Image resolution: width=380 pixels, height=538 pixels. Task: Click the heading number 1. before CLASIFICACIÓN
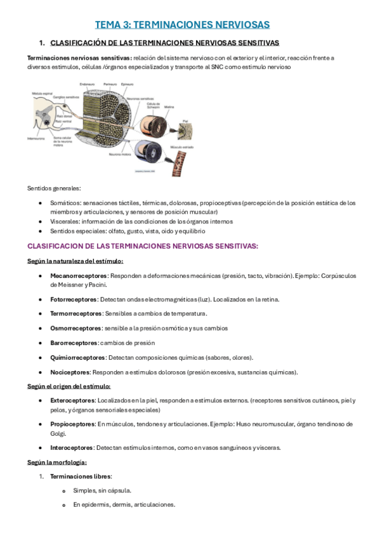point(42,43)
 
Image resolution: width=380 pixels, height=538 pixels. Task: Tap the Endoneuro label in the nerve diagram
point(88,84)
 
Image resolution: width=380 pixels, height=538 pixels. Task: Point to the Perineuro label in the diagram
point(110,84)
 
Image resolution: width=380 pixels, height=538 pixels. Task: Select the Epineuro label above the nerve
point(127,84)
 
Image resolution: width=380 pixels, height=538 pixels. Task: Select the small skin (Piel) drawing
point(186,130)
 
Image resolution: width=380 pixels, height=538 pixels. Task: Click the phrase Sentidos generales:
point(54,188)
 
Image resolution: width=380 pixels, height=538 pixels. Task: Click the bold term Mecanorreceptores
point(79,276)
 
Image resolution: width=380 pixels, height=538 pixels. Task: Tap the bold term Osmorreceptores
point(76,328)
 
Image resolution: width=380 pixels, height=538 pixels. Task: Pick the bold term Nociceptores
point(70,372)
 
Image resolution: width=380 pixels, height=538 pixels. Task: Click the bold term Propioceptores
point(74,424)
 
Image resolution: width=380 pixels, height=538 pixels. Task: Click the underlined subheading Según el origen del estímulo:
point(69,386)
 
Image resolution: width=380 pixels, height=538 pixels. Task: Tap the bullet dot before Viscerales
point(41,221)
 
